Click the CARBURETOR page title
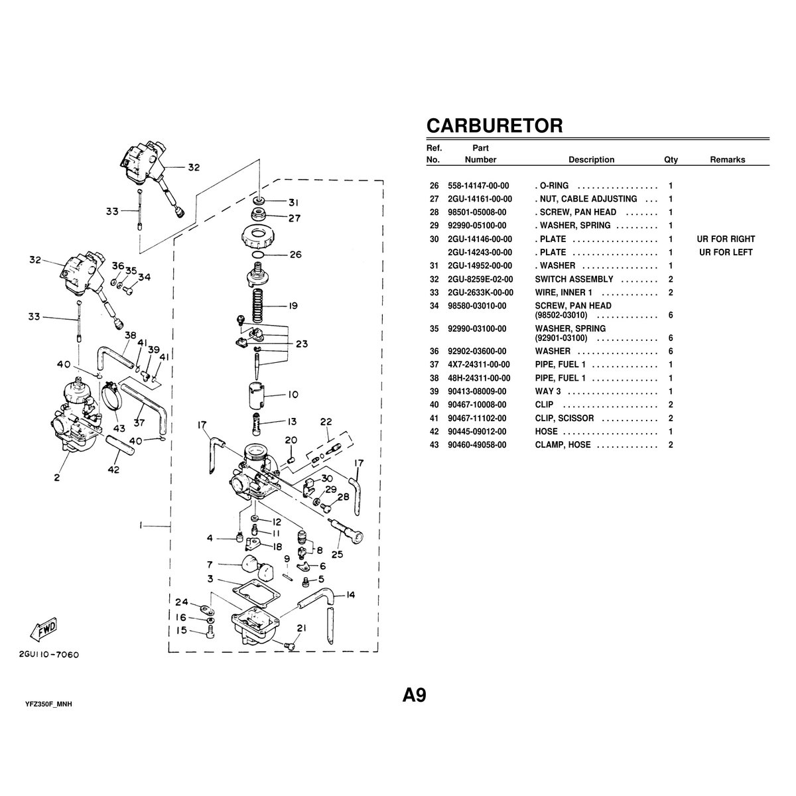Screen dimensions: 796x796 [494, 125]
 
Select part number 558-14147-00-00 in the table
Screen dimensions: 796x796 [478, 186]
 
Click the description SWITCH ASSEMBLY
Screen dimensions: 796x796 [574, 279]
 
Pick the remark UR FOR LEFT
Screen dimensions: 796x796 [726, 252]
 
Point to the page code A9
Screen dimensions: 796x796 [414, 695]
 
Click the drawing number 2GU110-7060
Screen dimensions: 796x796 [48, 655]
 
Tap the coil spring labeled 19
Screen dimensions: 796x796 [257, 306]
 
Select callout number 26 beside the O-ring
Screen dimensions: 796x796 [296, 255]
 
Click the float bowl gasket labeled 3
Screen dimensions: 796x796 [256, 594]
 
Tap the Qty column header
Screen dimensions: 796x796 [671, 160]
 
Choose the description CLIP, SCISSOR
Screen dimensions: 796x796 [564, 419]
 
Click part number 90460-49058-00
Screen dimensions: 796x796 [477, 445]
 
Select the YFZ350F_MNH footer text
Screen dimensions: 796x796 [48, 704]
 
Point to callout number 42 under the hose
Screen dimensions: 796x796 [113, 470]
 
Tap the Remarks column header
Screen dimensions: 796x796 [728, 160]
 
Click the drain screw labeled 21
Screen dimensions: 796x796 [291, 646]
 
